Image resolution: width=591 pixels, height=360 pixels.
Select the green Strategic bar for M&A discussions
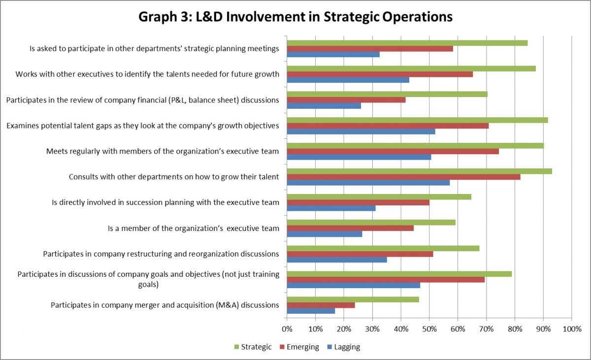353,299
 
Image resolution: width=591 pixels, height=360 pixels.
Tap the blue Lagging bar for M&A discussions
311,311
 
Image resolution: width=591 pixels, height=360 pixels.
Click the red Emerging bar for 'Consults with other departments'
403,177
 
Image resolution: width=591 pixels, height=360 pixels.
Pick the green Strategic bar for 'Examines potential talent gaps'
417,120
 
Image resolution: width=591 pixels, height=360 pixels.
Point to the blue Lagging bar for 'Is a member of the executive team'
325,234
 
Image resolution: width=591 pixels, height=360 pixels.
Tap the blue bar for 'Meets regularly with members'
359,157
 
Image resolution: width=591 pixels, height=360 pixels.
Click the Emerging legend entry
299,347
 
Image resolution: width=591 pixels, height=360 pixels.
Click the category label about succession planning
165,202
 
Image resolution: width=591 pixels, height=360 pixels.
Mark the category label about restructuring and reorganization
161,254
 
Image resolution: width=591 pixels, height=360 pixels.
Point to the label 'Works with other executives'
147,74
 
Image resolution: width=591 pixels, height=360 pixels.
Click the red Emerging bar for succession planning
358,202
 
